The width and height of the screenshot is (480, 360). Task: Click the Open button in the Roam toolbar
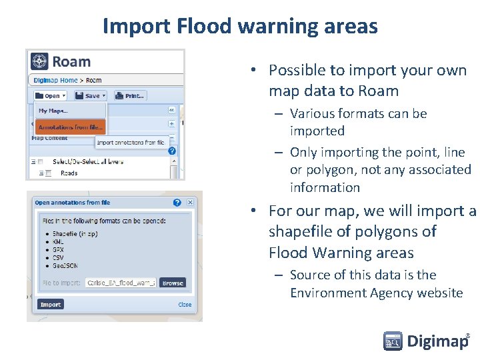51,96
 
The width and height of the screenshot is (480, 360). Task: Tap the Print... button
130,96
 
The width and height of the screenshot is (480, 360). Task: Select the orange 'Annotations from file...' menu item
71,127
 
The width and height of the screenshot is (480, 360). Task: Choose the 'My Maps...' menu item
53,111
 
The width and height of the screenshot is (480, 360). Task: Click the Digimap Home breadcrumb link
55,80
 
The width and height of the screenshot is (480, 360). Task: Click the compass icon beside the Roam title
40,61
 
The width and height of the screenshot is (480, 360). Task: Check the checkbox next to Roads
49,173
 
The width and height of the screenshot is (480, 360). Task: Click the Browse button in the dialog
173,283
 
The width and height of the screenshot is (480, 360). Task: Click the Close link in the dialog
185,305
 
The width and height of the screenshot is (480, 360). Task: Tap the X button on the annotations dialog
190,203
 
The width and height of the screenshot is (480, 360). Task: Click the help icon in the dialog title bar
177,203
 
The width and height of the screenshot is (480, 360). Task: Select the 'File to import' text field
121,283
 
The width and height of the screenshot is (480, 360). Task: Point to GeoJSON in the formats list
67,266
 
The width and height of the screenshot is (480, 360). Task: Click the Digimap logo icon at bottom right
393,341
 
